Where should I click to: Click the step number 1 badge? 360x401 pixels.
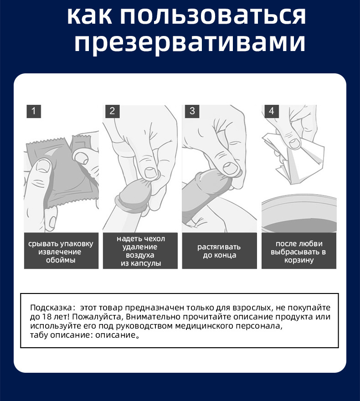[x=34, y=111]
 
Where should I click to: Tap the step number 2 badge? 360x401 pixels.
[x=113, y=111]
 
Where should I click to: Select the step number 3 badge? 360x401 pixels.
[x=192, y=111]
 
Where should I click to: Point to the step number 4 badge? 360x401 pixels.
[x=271, y=111]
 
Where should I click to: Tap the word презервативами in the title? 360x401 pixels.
[x=189, y=43]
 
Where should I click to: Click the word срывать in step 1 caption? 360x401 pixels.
[x=43, y=244]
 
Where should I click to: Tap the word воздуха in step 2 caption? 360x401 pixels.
[x=141, y=255]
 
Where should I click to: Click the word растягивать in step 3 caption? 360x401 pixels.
[x=219, y=247]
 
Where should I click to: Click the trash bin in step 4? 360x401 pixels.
[x=298, y=214]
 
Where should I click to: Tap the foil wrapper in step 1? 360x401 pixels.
[x=62, y=173]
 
